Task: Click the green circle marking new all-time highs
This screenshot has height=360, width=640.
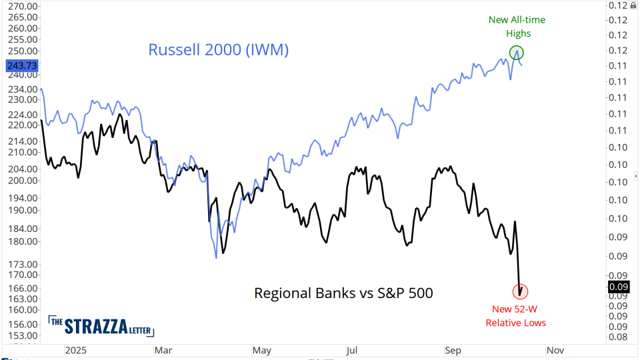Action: [x=517, y=52]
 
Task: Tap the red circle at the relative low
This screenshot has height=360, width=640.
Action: [x=521, y=291]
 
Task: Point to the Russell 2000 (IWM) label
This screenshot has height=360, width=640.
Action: [x=218, y=51]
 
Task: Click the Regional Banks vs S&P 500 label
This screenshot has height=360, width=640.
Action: [x=343, y=293]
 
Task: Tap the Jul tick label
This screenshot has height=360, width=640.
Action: [x=352, y=349]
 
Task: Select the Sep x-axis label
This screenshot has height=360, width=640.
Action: [x=453, y=349]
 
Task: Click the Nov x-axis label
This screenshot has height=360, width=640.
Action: [x=555, y=349]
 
